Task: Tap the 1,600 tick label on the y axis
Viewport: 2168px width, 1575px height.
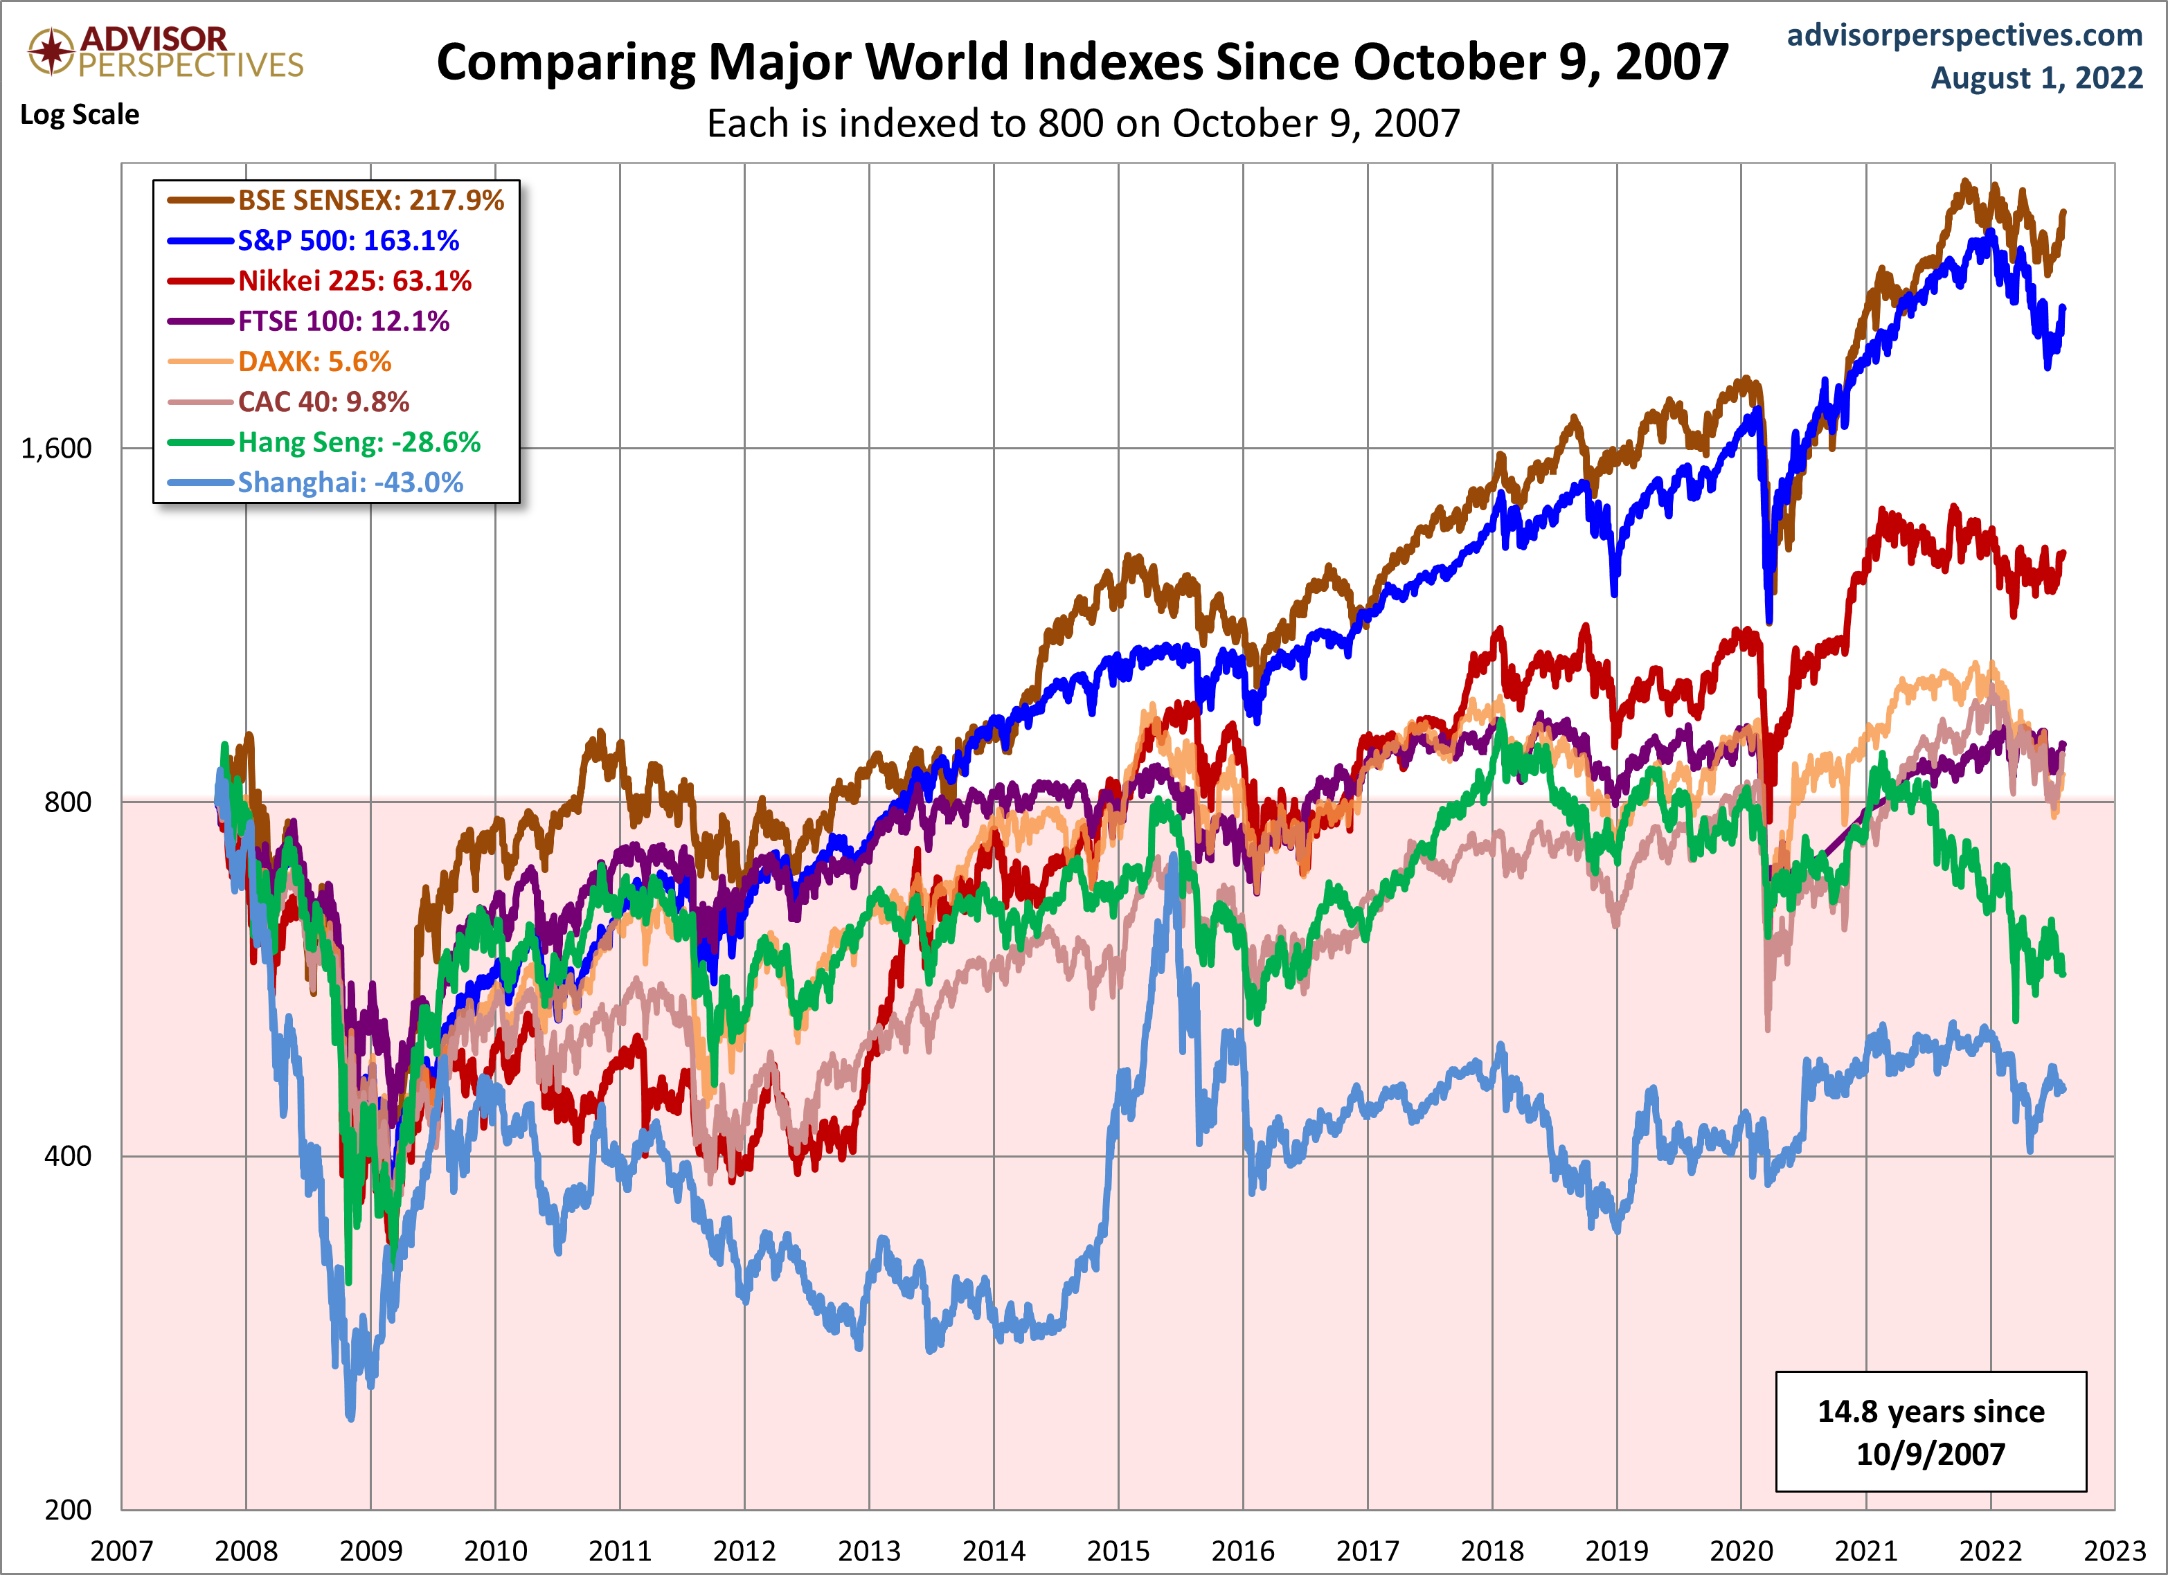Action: pyautogui.click(x=56, y=448)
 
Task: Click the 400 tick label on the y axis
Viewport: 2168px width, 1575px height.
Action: pyautogui.click(x=68, y=1155)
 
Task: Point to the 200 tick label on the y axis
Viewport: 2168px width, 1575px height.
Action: pyautogui.click(x=68, y=1510)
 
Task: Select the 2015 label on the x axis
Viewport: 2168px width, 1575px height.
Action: pyautogui.click(x=1118, y=1550)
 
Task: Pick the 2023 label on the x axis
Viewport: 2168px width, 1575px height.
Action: pyautogui.click(x=2115, y=1550)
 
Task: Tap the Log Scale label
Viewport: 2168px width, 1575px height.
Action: pyautogui.click(x=80, y=115)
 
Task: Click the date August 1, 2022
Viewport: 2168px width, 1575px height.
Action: pyautogui.click(x=2036, y=78)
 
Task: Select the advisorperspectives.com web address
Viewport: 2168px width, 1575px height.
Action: pyautogui.click(x=1964, y=35)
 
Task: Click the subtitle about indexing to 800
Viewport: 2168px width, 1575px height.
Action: pyautogui.click(x=1083, y=123)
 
